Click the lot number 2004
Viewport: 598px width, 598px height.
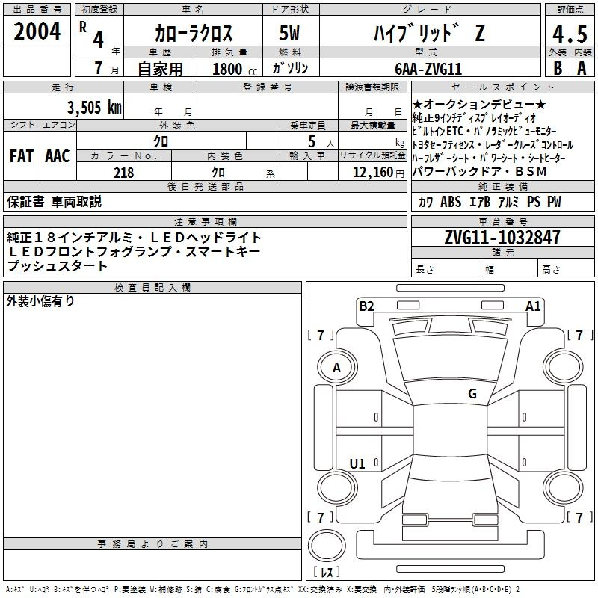37,31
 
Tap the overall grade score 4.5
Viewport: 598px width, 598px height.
570,34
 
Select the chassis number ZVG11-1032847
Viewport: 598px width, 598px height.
502,238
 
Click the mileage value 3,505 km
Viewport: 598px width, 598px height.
94,107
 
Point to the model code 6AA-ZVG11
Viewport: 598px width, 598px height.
428,69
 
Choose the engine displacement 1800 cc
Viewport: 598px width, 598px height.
235,69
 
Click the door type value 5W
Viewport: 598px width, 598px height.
289,33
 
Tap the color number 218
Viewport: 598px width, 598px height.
123,173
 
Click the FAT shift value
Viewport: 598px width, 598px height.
22,156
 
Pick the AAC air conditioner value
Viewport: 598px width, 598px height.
58,156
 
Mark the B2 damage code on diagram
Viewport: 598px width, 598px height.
366,306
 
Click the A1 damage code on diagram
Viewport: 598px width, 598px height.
533,306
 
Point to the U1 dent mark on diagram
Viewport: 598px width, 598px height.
357,463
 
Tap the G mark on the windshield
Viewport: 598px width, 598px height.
472,393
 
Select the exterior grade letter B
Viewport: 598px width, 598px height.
558,68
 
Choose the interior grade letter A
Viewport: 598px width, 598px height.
582,68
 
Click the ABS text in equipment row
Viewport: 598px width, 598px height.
451,202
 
